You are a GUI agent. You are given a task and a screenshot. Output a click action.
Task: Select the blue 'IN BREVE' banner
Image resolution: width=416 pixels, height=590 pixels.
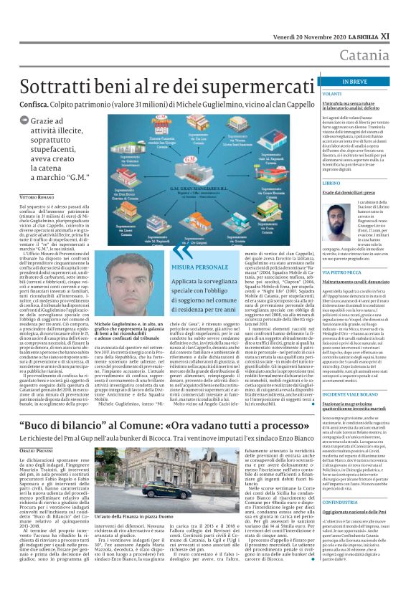click(x=363, y=82)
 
